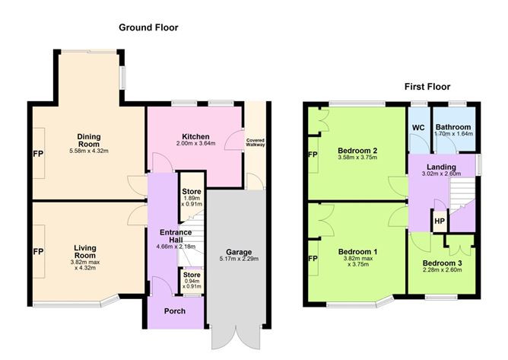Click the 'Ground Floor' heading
tap(148, 27)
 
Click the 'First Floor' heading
tap(427, 87)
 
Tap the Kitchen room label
tap(195, 136)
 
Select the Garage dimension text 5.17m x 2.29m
tap(239, 259)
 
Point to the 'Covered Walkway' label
tap(256, 142)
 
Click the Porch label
tap(175, 311)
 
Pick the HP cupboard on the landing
tap(440, 221)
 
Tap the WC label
tap(418, 127)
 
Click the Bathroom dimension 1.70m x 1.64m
tap(453, 134)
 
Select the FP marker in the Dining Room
tap(38, 154)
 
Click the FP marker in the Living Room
tap(38, 252)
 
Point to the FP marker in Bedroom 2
tap(313, 155)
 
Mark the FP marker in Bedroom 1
tap(313, 259)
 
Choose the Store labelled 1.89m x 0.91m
tap(192, 196)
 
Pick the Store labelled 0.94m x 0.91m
tap(192, 281)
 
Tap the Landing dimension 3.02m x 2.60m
tap(441, 174)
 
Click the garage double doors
tap(236, 336)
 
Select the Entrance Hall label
tap(176, 236)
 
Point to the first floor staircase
tap(462, 195)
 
